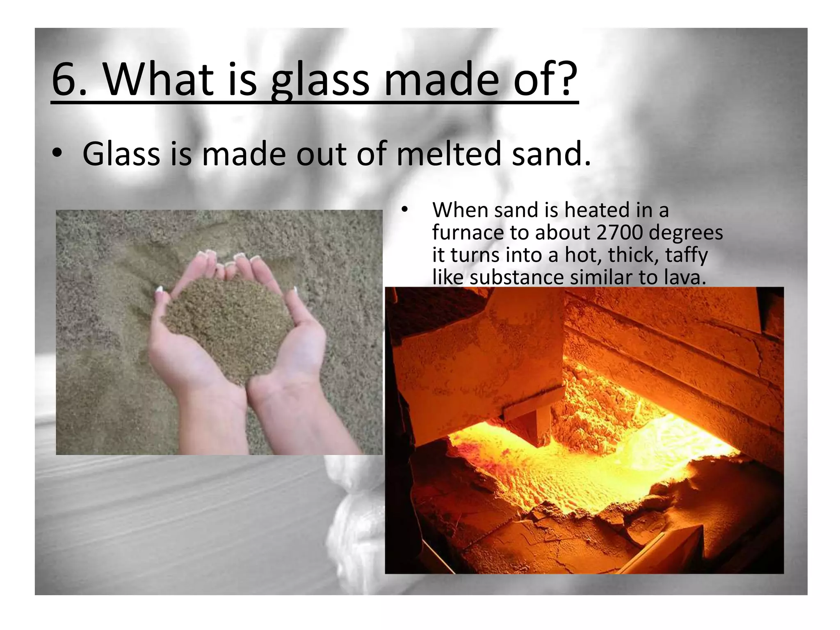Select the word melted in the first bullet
point(449,153)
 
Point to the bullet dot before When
point(405,210)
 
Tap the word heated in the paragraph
point(598,210)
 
